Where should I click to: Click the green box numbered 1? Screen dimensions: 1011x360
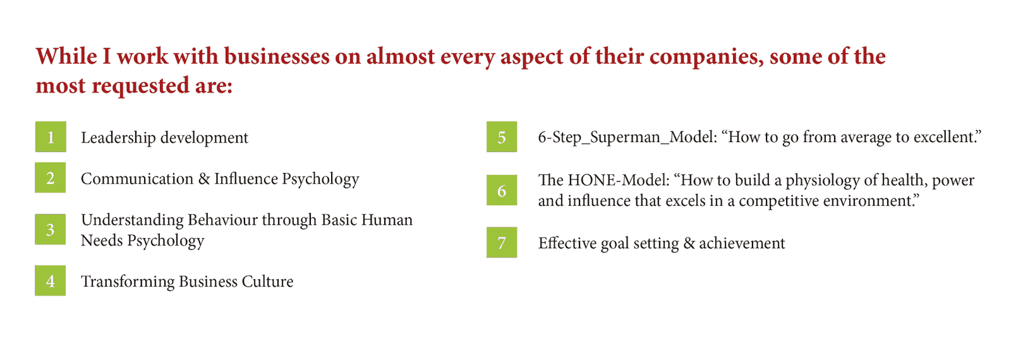click(51, 136)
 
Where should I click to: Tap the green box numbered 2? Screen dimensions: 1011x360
click(51, 177)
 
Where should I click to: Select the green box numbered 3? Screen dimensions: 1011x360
click(51, 229)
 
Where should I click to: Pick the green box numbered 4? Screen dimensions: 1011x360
click(51, 280)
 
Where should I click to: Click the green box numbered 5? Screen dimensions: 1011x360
click(502, 136)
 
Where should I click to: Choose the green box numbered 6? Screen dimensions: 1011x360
click(502, 190)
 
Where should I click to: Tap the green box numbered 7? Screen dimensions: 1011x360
click(502, 243)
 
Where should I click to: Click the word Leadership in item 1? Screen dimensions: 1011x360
click(118, 138)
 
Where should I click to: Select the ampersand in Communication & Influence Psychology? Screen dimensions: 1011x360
click(204, 179)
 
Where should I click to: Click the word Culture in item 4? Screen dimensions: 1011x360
click(268, 282)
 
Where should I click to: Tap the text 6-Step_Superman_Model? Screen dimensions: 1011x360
click(627, 138)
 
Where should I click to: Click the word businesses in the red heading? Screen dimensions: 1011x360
click(277, 56)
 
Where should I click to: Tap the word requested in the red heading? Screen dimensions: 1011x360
click(140, 86)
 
